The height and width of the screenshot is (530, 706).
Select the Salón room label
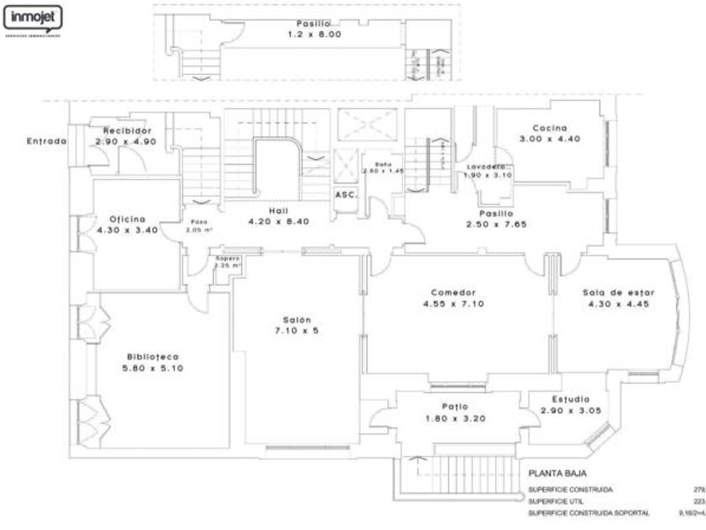coord(298,320)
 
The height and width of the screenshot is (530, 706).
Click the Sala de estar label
coord(619,293)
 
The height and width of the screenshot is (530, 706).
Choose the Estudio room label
coord(571,399)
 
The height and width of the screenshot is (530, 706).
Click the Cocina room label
coord(551,128)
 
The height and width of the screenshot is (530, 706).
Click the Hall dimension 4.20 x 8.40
coord(279,221)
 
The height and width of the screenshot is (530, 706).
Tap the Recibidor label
coord(128,131)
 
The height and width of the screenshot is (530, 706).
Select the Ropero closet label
coord(228,257)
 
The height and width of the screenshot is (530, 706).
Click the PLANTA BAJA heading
coord(563,474)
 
